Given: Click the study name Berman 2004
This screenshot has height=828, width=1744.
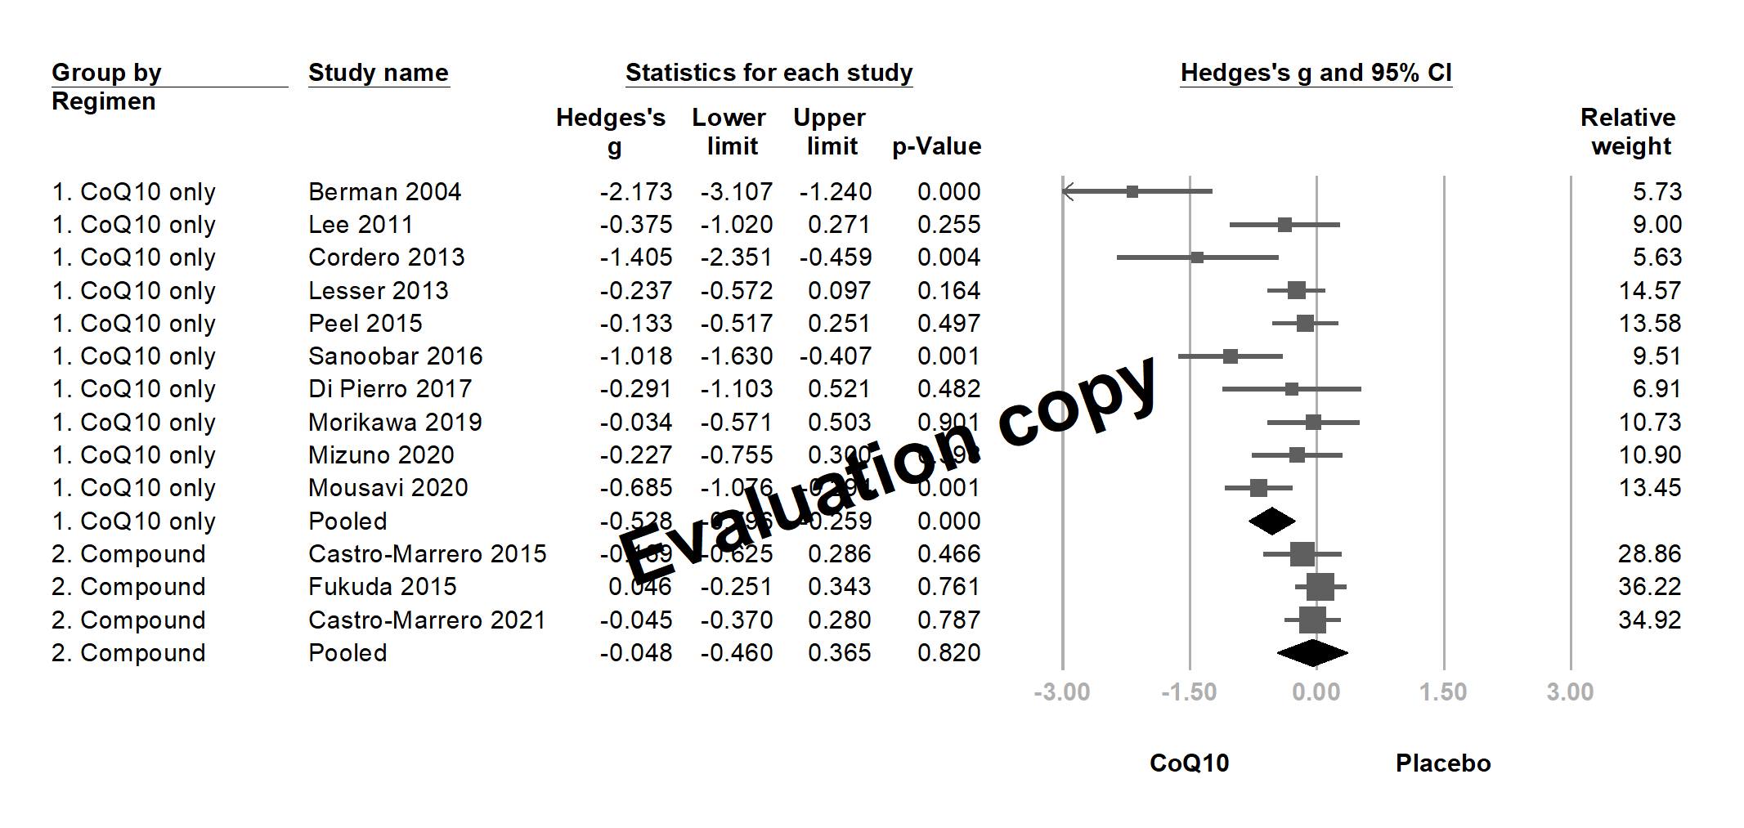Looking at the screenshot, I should (384, 192).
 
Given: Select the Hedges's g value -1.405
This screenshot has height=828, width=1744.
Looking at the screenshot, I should (635, 257).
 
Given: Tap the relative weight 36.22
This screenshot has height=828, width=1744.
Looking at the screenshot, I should (1649, 587).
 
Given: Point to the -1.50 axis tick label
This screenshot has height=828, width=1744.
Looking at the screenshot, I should (1189, 692).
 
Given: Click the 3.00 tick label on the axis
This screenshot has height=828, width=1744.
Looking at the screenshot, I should (1570, 692).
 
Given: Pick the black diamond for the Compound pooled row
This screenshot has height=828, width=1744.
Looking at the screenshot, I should (1311, 653).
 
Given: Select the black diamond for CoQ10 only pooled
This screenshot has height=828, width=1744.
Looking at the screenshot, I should (1272, 521).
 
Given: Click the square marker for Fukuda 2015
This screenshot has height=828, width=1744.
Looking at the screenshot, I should (1320, 587).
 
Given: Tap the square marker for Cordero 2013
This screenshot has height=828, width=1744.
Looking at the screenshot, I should (1197, 257).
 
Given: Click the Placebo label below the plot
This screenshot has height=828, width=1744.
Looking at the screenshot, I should (1443, 763).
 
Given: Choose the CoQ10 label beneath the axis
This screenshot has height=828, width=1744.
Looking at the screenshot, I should (1189, 763).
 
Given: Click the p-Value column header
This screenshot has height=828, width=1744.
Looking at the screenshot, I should (936, 146).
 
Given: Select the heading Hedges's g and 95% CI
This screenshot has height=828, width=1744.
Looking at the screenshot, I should (1316, 73).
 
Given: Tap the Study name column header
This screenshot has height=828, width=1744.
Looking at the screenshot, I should (378, 73).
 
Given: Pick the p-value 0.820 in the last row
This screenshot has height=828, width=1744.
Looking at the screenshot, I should (948, 653).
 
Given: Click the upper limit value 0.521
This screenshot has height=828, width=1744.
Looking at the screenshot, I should (839, 389).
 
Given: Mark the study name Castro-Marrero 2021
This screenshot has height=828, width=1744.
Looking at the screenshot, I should (427, 620).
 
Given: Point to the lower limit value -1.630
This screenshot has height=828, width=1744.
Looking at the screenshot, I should (736, 356).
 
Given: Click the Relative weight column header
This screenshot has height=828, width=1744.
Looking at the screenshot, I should (1629, 132).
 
